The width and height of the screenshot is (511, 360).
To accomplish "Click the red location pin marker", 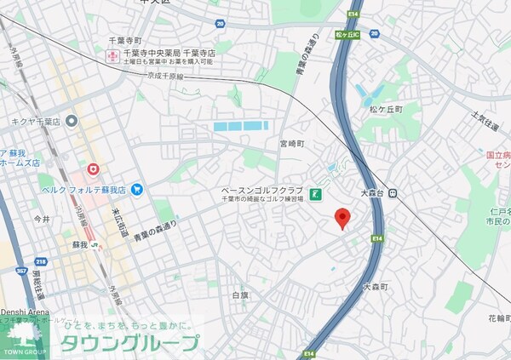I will (342, 218).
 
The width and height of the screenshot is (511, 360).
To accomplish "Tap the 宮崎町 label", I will (291, 144).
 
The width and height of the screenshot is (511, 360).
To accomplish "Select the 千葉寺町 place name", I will (124, 40).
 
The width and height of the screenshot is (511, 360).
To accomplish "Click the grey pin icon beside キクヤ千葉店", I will (72, 121).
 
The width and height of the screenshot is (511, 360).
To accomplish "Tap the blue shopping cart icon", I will (135, 189).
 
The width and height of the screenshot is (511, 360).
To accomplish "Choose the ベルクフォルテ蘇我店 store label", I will (86, 189).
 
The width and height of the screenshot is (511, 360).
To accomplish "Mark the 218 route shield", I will (40, 264).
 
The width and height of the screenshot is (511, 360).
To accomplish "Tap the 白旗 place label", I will (241, 294).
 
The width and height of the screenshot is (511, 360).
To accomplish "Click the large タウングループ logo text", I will (128, 343).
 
